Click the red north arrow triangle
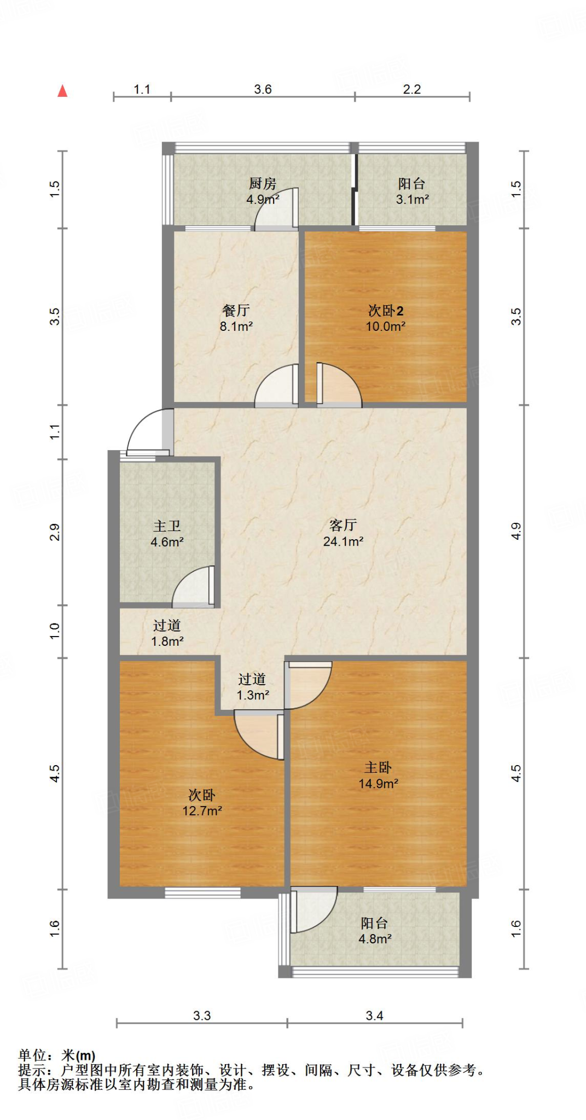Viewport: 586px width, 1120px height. point(62,91)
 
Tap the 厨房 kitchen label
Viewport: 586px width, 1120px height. point(263,184)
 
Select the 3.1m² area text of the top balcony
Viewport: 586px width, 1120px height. point(412,200)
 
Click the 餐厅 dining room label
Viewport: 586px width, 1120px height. point(236,311)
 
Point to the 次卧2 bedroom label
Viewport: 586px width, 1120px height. point(385,311)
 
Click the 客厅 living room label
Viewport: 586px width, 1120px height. point(343,525)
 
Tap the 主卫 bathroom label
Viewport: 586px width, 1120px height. point(167,526)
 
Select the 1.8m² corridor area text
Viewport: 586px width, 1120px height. point(167,641)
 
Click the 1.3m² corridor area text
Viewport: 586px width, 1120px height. point(252,695)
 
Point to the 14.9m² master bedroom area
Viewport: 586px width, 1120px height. point(378,784)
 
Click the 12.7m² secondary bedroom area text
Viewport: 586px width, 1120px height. point(202,811)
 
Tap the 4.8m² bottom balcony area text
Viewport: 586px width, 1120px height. point(375,939)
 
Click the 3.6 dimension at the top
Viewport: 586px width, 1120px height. point(263,89)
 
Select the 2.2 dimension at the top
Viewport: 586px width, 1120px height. point(411,89)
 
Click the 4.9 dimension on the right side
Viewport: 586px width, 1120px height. point(516,530)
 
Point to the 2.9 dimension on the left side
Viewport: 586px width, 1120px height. point(54,532)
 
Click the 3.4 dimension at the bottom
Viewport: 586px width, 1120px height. point(374,1016)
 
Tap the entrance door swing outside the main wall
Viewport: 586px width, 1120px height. point(147,432)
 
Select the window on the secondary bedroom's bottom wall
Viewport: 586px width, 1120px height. point(202,892)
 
